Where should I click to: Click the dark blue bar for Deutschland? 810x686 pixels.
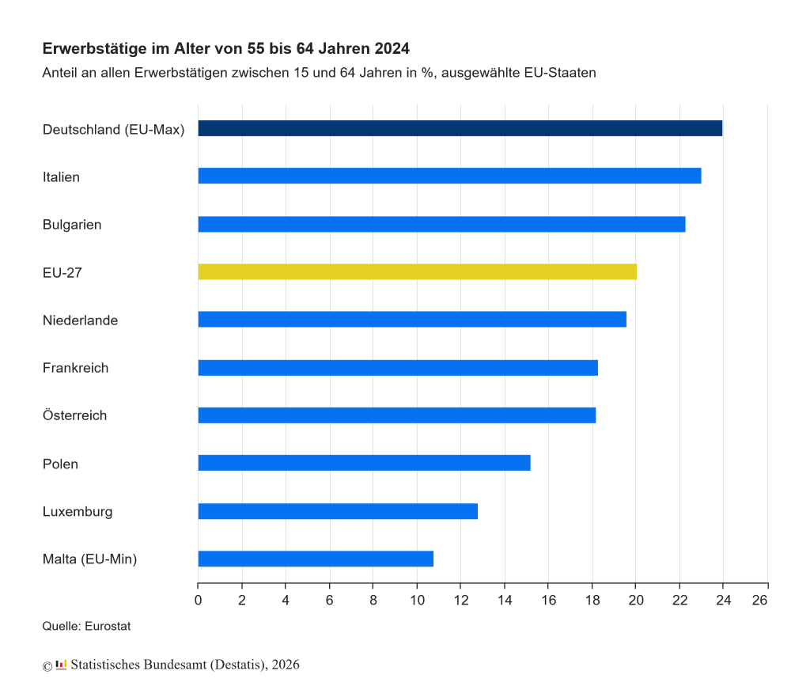pyautogui.click(x=460, y=128)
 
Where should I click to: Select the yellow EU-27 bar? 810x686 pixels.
pyautogui.click(x=417, y=272)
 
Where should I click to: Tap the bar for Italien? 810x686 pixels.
pyautogui.click(x=449, y=176)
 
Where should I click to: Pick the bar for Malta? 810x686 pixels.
pyautogui.click(x=316, y=559)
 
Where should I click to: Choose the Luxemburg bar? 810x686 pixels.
pyautogui.click(x=338, y=511)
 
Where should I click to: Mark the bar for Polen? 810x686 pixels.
pyautogui.click(x=364, y=463)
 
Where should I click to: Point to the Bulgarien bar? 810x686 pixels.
pyautogui.click(x=441, y=224)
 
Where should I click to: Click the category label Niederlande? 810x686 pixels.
pyautogui.click(x=80, y=320)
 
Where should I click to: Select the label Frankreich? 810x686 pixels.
pyautogui.click(x=75, y=368)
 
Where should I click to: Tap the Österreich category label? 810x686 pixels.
pyautogui.click(x=74, y=415)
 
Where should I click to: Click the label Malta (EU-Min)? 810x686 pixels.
pyautogui.click(x=89, y=559)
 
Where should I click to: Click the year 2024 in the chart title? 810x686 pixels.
pyautogui.click(x=391, y=49)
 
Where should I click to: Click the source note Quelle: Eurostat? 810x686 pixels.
pyautogui.click(x=86, y=627)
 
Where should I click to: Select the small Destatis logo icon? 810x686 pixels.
pyautogui.click(x=61, y=664)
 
